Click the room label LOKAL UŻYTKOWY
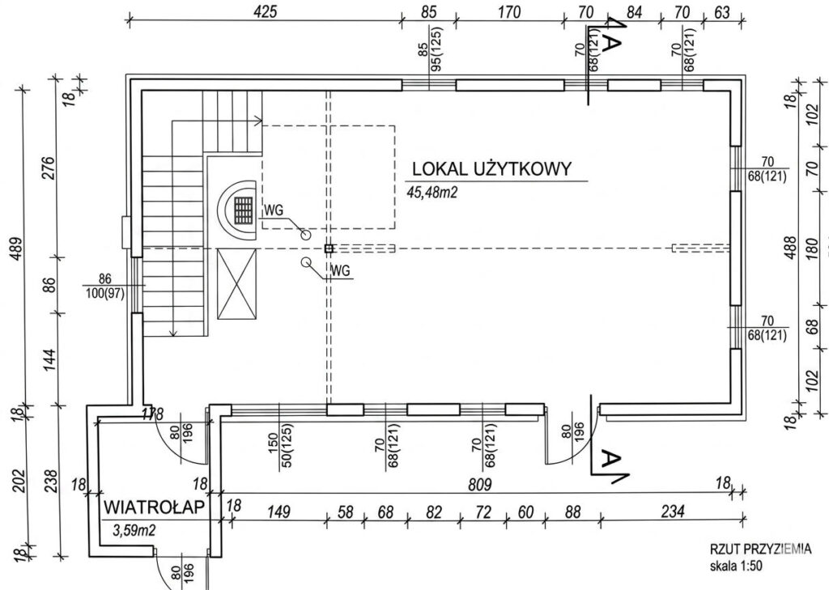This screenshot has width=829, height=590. [491, 168]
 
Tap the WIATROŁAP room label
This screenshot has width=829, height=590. [155, 507]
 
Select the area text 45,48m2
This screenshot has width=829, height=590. [432, 192]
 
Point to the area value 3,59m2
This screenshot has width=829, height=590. [135, 530]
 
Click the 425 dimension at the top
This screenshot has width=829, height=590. [265, 11]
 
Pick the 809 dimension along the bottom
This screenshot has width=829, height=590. [479, 484]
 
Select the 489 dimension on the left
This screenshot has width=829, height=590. [16, 249]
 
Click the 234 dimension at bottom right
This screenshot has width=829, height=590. [673, 511]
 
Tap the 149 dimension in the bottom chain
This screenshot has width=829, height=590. [278, 511]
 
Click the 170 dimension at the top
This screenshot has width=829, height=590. [509, 11]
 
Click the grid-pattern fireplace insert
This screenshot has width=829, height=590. [244, 210]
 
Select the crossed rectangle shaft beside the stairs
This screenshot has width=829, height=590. [237, 284]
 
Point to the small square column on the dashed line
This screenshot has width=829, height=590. [329, 248]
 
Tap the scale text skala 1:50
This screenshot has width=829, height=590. [736, 566]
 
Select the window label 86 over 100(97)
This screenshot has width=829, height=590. [104, 286]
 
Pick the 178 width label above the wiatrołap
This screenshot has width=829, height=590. [152, 414]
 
